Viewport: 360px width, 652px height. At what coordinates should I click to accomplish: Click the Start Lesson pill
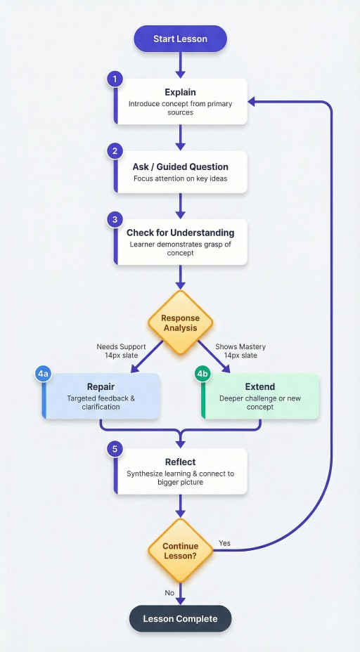180,39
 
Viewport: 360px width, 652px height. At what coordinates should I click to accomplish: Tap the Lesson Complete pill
180,619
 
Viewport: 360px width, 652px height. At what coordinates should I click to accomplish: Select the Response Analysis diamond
180,322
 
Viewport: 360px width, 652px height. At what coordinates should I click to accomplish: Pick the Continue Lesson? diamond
180,551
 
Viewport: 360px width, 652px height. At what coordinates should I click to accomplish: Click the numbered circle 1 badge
115,79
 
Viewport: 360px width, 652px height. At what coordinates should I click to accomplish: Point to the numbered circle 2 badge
115,151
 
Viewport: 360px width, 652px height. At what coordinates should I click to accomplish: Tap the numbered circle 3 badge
115,219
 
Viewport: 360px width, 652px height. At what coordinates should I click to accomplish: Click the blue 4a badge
43,374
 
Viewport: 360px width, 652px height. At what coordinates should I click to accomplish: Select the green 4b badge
202,374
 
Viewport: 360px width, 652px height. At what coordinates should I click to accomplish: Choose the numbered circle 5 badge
115,449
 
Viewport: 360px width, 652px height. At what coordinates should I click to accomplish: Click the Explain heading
180,92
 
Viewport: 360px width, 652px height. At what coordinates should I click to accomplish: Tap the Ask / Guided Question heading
180,167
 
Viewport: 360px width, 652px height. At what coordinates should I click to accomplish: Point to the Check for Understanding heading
180,233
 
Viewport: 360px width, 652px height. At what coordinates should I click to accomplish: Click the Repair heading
101,386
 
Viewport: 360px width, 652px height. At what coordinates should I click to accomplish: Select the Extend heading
260,386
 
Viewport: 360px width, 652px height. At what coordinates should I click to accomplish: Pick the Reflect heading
180,462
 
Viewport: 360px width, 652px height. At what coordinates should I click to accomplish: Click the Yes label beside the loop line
224,543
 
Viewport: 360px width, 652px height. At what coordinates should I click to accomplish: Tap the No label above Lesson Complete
169,593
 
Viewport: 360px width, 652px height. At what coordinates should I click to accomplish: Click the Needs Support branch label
121,346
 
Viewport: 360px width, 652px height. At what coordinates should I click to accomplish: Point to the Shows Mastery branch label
240,346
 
